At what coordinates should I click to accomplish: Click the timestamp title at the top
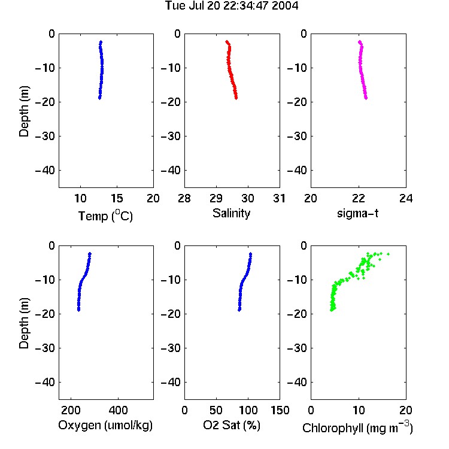coord(232,5)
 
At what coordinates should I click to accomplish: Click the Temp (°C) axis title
coord(105,216)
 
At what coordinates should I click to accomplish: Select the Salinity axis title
coord(231,213)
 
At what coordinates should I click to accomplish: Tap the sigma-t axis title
coord(357,213)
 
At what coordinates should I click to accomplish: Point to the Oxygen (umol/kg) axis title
coord(105,425)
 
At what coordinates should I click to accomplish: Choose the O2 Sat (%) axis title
coord(232,425)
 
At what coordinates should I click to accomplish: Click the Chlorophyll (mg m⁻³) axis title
coord(357,427)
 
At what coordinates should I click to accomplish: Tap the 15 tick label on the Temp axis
coord(117,198)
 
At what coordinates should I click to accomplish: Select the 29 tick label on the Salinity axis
coord(216,198)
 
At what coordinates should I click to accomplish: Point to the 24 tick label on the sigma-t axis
coord(406,198)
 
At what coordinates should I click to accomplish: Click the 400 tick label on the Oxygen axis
coord(118,410)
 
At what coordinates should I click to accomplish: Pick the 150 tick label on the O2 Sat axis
coord(280,410)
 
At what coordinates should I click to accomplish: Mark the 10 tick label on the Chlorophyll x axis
coord(359,410)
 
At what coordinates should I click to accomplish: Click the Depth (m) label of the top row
coord(24,111)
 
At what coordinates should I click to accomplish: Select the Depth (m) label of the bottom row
coord(24,323)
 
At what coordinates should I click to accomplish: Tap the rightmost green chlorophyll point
coord(389,254)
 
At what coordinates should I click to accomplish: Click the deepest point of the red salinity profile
coord(236,98)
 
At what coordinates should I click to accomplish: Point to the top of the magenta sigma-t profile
coord(360,42)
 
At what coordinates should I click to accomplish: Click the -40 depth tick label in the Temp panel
coord(45,171)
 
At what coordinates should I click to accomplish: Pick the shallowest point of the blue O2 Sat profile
coord(251,254)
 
